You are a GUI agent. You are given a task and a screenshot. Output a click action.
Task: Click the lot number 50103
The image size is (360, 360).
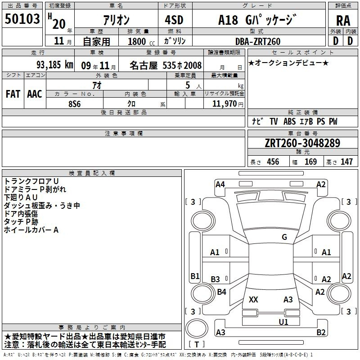pyautogui.click(x=22, y=19)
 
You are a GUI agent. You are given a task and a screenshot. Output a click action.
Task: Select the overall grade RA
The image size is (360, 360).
pyautogui.click(x=343, y=21)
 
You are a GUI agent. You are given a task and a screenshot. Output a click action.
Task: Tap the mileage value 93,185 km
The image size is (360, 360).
pyautogui.click(x=54, y=65)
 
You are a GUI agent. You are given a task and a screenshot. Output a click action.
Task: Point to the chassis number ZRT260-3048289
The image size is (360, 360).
pyautogui.click(x=302, y=143)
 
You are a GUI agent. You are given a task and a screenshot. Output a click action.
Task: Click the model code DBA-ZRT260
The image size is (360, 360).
pyautogui.click(x=258, y=41)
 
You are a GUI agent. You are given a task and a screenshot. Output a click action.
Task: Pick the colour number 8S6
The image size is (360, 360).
pyautogui.click(x=75, y=104)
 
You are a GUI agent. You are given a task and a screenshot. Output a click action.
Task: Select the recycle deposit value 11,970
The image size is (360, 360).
pyautogui.click(x=224, y=104)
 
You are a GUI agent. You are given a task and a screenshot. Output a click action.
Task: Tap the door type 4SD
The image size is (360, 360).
pyautogui.click(x=174, y=20)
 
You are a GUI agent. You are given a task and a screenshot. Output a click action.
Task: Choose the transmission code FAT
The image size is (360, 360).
pyautogui.click(x=13, y=94)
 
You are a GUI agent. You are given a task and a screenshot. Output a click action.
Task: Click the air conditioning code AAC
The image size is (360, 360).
pyautogui.click(x=35, y=94)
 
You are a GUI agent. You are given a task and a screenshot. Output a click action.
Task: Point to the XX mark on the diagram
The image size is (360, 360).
pyautogui.click(x=253, y=299)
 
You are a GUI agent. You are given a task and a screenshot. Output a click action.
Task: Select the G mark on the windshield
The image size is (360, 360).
pyautogui.click(x=284, y=237)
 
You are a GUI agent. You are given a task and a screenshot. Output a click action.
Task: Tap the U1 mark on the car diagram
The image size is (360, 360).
pyautogui.click(x=283, y=322)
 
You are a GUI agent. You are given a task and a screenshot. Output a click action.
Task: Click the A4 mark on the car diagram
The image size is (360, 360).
pyautogui.click(x=220, y=184)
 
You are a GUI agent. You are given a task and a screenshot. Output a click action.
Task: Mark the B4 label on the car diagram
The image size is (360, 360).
pyautogui.click(x=221, y=292)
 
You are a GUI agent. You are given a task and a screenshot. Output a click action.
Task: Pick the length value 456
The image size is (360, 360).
pyautogui.click(x=273, y=162)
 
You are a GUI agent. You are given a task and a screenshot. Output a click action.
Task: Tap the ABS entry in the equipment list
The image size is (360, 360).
pyautogui.click(x=289, y=121)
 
